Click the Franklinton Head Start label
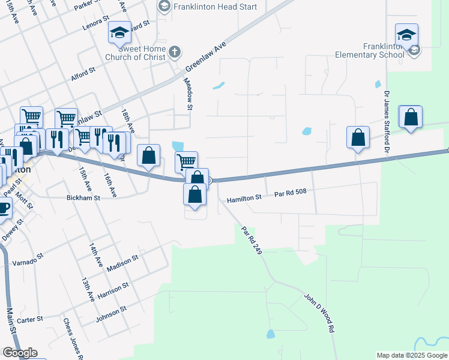coord(207,7)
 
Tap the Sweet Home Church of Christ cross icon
coord(175,52)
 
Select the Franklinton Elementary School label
coord(384,51)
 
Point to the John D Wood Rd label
coord(318,313)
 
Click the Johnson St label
coord(110,313)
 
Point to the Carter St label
coord(30,319)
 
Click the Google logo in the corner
coord(20,353)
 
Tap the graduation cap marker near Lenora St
coord(119,32)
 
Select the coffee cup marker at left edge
coord(3,209)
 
